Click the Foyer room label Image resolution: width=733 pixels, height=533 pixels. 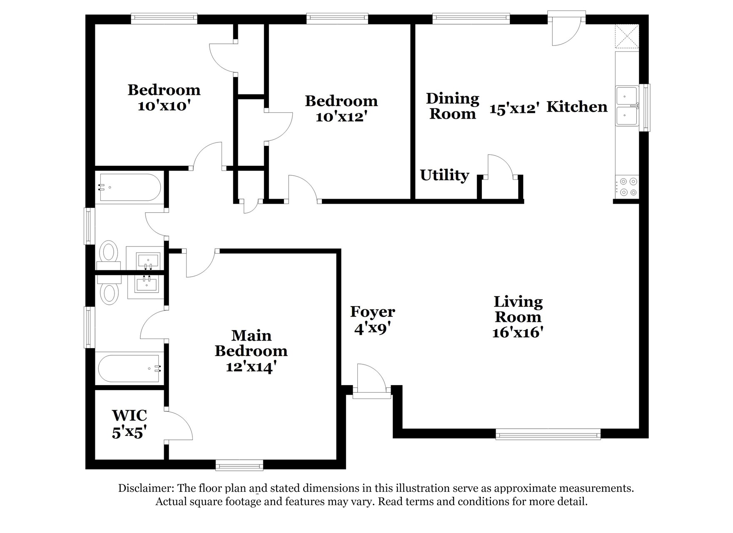pos(373,311)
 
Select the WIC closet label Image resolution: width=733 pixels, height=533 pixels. pos(130,415)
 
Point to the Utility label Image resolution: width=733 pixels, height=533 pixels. pos(444,175)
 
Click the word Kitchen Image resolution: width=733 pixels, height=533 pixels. pos(577,107)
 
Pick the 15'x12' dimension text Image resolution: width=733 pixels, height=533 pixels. pos(515,109)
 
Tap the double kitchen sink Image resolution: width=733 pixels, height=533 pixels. pos(627,106)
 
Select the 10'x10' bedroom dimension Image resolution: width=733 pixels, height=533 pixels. pos(164,106)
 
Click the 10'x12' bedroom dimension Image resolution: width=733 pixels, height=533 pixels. pos(341,117)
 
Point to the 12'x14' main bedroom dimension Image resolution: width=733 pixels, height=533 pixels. pos(252,367)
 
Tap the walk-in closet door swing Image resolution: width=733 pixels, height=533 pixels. pos(179,425)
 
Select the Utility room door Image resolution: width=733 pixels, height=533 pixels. pos(500,167)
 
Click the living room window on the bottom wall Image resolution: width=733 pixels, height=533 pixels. pos(548,434)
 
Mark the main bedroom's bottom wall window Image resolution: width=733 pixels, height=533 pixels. pos(239,465)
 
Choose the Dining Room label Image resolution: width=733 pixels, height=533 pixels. pos(453,106)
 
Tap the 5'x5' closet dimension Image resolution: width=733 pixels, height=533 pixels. pos(128,433)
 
